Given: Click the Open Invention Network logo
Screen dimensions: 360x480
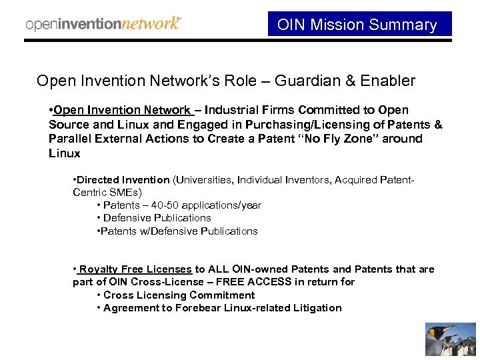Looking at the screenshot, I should coord(103,24).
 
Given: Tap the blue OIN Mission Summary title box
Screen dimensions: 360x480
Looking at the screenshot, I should coord(359,25).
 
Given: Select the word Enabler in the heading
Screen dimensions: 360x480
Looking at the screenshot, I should coord(389,81).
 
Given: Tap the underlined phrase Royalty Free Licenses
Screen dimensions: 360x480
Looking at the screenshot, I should coord(134,269).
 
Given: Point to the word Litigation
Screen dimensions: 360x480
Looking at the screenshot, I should coord(316,308).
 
